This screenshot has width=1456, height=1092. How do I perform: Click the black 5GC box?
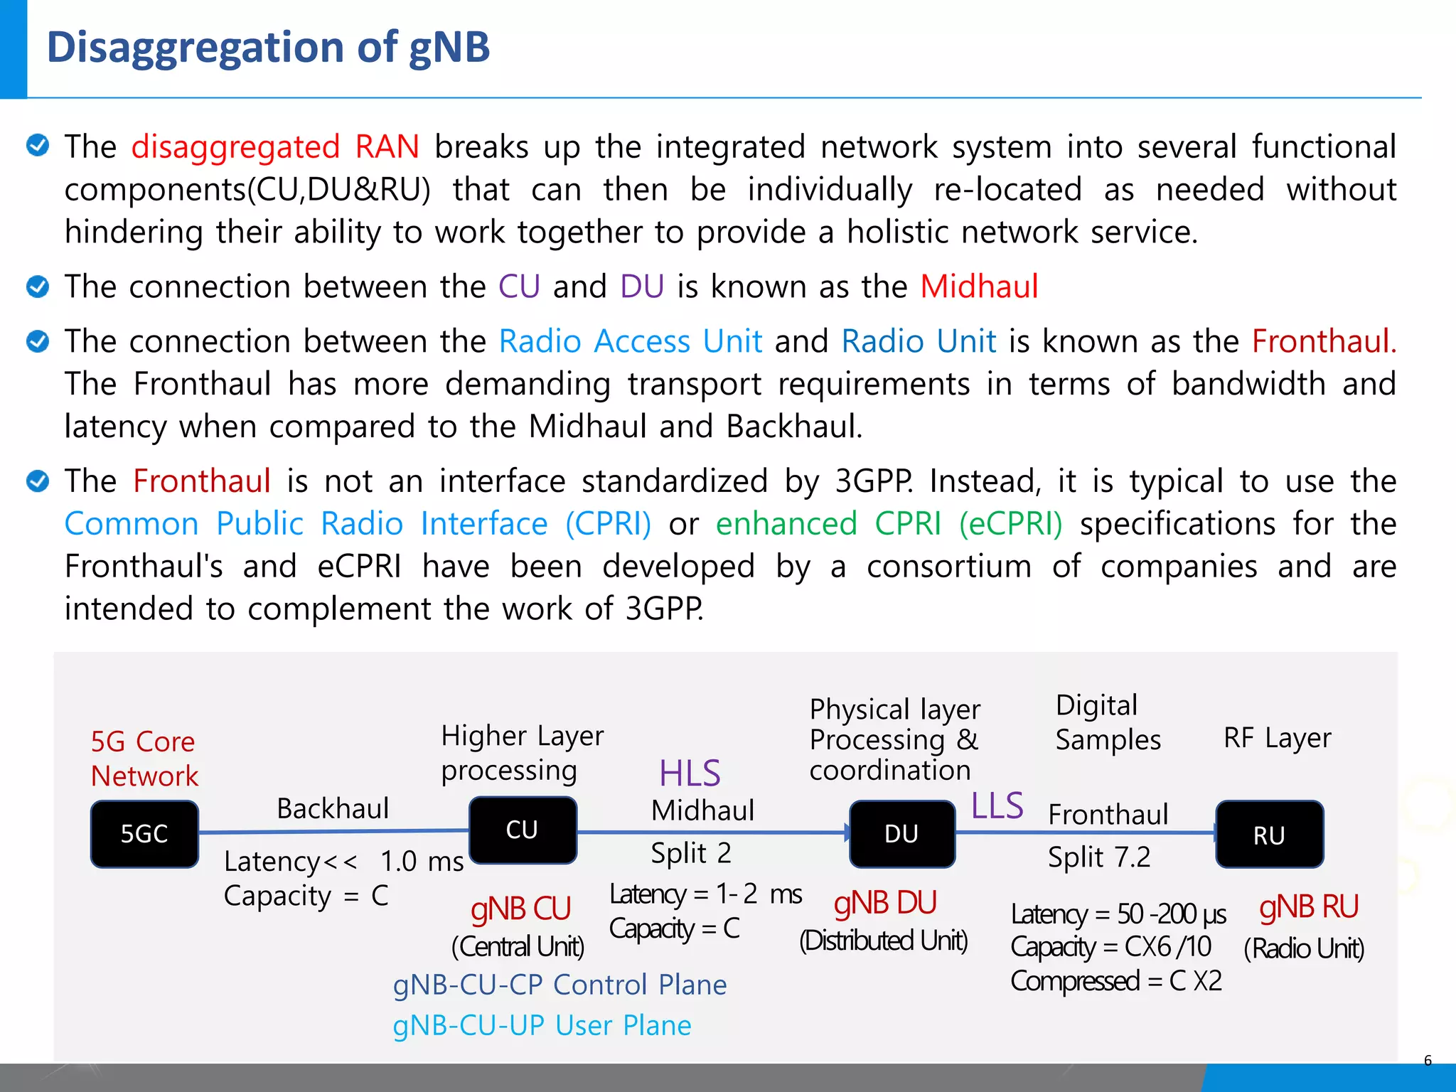tap(144, 834)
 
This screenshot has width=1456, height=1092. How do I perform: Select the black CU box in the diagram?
tap(523, 830)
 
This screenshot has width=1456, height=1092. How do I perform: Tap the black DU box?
tap(901, 834)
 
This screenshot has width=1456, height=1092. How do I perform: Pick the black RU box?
tap(1269, 835)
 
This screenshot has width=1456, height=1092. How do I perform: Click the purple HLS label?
tap(690, 773)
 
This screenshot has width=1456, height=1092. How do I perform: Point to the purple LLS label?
tap(997, 806)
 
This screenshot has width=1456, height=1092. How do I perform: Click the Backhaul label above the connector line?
tap(333, 809)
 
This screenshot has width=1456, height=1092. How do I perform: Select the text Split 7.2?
tap(1099, 857)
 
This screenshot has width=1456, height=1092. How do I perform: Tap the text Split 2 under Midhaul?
tap(691, 853)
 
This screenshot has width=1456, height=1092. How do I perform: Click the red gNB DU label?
tap(885, 903)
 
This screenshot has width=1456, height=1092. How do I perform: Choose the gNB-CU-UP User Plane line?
tap(542, 1025)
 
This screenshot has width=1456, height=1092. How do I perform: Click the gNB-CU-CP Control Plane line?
tap(560, 985)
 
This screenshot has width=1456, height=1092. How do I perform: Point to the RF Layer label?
tap(1277, 739)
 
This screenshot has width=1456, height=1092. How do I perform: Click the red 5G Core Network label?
tap(144, 759)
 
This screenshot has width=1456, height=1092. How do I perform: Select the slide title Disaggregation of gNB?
tap(268, 48)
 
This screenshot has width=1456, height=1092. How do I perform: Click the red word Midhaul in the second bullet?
tap(979, 287)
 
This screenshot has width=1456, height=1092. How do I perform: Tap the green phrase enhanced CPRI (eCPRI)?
tap(889, 524)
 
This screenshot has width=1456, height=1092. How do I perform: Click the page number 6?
tap(1428, 1061)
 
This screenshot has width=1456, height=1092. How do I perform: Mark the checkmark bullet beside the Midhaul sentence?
tap(38, 287)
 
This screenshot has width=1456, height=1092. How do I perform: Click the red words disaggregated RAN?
tap(275, 147)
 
